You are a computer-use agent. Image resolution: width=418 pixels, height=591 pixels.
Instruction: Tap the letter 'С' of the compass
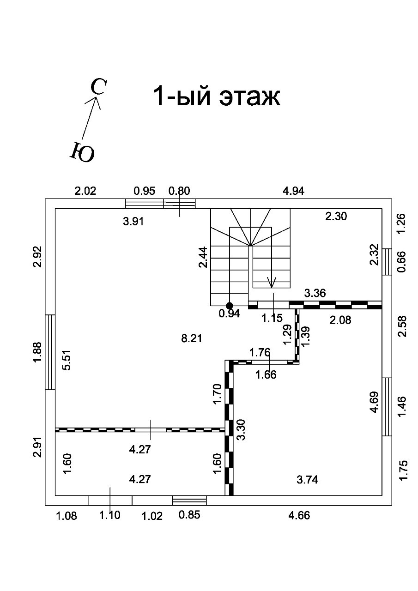(x=99, y=86)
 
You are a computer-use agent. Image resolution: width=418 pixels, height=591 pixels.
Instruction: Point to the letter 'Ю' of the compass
(x=82, y=152)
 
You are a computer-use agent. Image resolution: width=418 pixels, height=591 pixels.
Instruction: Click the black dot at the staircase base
(x=229, y=306)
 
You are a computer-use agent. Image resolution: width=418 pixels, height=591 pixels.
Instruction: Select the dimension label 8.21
(x=191, y=338)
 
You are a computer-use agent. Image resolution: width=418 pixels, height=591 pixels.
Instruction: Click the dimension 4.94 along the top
(x=293, y=191)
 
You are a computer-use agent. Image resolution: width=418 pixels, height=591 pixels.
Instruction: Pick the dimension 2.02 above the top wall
(x=85, y=191)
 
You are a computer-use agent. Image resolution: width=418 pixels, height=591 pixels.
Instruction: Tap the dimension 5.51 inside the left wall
(x=67, y=360)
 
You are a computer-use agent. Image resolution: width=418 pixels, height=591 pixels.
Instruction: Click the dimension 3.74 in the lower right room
(x=307, y=480)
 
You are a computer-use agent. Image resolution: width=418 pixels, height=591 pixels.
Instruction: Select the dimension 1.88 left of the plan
(x=37, y=352)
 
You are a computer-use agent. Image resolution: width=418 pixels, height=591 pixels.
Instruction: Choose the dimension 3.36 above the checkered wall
(x=315, y=293)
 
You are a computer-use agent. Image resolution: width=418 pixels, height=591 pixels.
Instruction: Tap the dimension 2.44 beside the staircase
(x=203, y=257)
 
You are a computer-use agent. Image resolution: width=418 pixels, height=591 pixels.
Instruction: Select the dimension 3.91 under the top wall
(x=133, y=222)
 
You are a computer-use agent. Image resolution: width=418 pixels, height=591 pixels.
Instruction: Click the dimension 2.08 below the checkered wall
(x=340, y=320)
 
